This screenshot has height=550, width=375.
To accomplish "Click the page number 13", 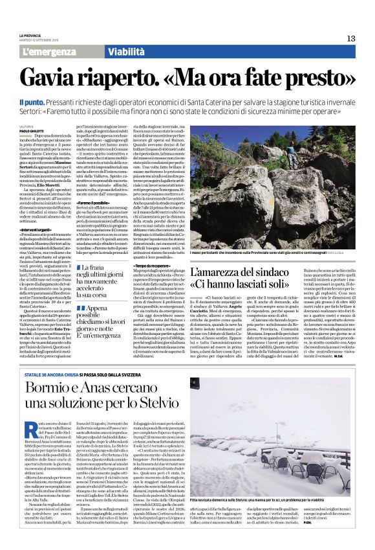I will coord(351,38).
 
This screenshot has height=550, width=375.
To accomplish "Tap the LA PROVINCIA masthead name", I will coord(30,35).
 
